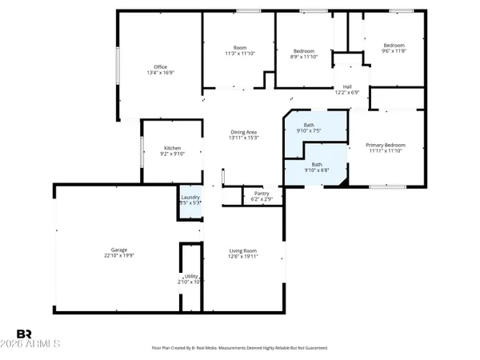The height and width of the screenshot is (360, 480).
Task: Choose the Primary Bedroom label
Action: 386,145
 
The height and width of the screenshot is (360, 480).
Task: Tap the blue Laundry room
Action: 190,200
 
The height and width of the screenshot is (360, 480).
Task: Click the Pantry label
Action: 261,193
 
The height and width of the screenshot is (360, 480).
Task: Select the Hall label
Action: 347,86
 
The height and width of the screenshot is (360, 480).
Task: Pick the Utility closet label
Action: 190,276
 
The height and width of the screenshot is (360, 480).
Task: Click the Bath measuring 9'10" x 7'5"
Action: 309,130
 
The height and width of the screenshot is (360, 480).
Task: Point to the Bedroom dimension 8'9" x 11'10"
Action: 303,57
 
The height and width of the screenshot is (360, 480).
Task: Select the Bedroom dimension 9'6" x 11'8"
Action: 394,50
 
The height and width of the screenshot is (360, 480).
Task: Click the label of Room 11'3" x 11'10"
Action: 238,54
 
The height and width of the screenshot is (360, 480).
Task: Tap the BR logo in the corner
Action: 25,333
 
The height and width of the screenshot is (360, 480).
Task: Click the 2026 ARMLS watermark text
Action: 38,345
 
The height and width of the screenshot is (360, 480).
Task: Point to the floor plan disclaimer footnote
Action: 239,348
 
